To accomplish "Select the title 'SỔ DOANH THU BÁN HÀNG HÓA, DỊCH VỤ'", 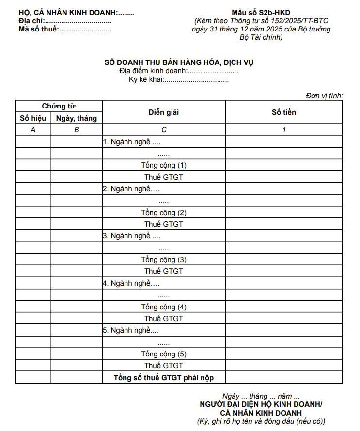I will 179,62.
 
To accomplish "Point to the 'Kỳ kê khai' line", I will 179,79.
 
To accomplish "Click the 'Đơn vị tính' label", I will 324,96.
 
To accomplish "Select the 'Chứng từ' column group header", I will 59,106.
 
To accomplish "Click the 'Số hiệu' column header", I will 33,118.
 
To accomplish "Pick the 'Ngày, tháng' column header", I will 77,118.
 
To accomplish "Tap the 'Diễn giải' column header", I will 164,112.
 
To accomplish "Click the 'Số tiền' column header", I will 284,112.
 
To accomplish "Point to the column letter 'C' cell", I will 164,130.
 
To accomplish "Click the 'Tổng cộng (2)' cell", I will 164,213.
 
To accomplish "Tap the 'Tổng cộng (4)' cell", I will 164,307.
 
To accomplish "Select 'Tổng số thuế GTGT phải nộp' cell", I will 164,377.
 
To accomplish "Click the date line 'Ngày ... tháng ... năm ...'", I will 261,396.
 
